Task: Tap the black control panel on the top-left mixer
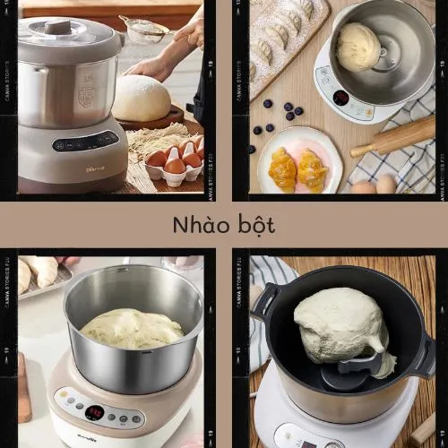[85, 141]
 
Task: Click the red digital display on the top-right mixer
[340, 97]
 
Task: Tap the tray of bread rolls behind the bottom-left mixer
[40, 273]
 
